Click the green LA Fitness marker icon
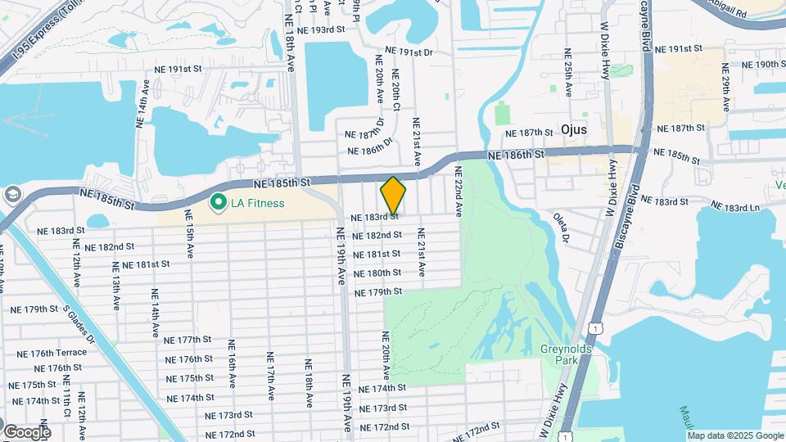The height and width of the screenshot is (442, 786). point(219,201)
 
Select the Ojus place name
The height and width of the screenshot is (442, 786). point(578,129)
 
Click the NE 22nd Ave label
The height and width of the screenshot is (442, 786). point(458,192)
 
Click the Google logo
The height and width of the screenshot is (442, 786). point(26,431)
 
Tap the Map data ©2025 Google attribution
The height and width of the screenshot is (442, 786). point(736,435)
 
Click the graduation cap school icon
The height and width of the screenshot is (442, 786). point(11,195)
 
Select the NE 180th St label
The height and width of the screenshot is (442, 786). point(377,273)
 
